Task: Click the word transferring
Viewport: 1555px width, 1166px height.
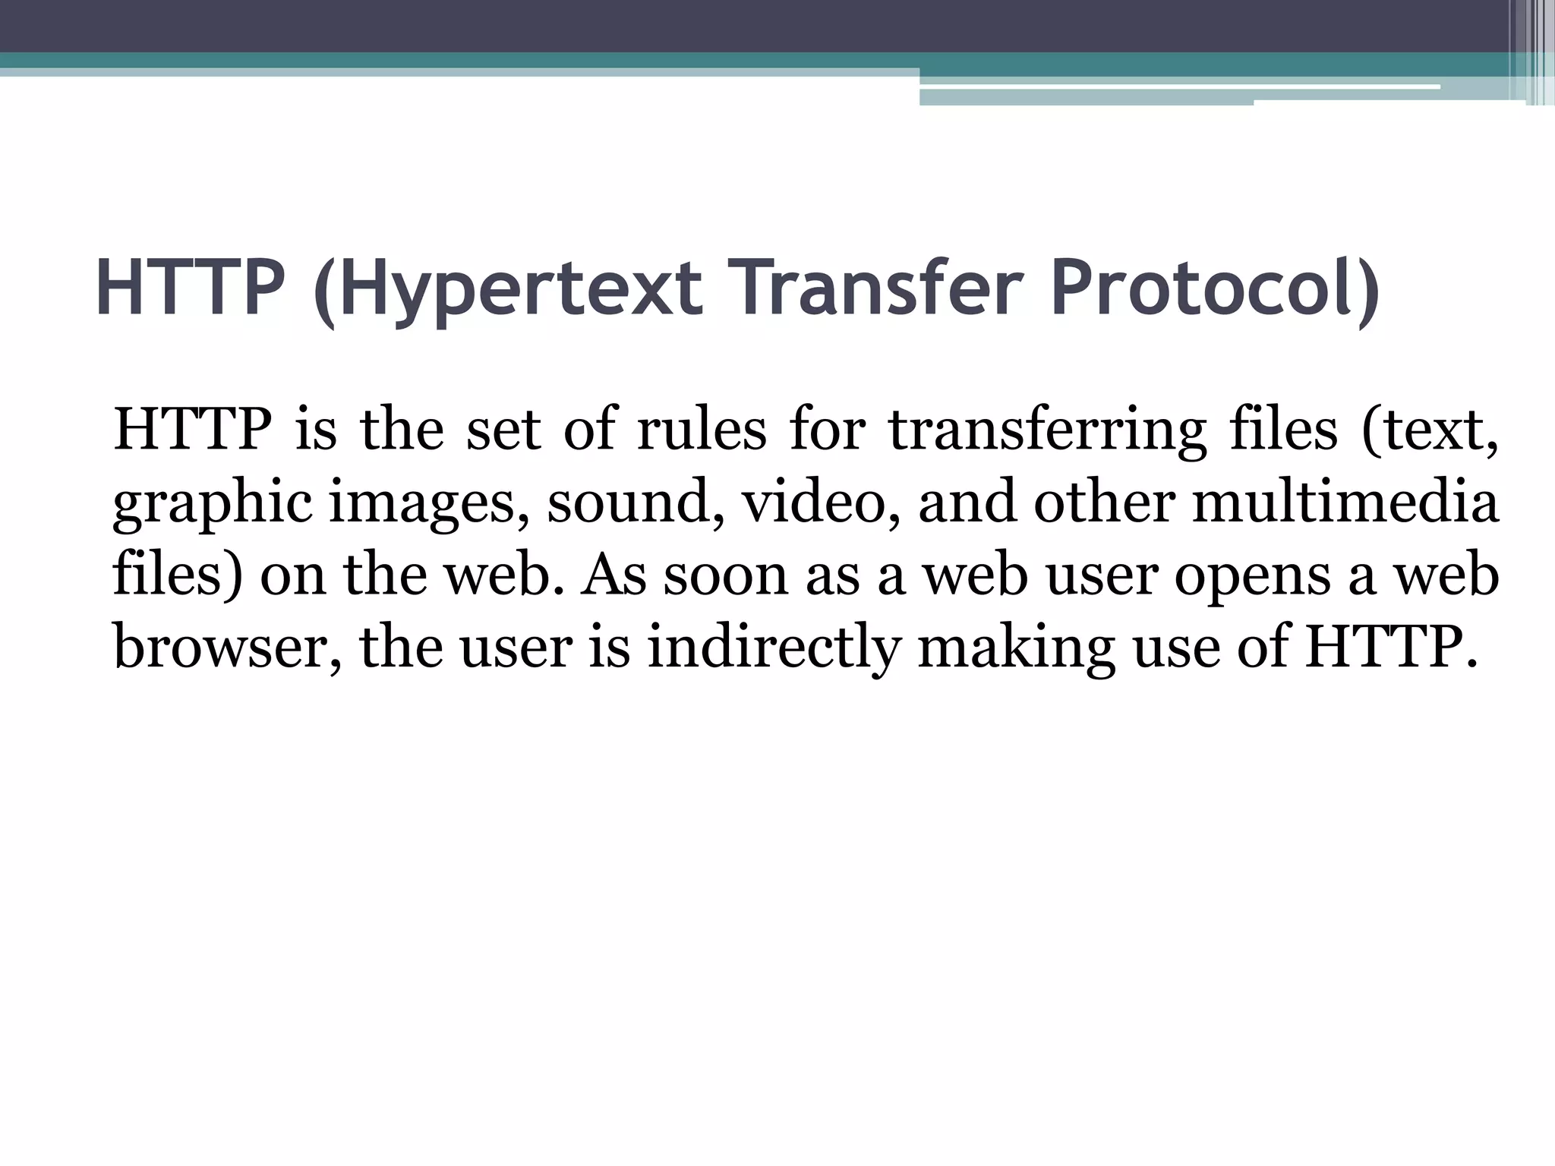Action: coord(1048,431)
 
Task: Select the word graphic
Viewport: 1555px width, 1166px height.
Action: coord(211,504)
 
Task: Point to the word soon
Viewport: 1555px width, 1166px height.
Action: coord(726,575)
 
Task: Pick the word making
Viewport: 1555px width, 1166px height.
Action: coord(1017,648)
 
